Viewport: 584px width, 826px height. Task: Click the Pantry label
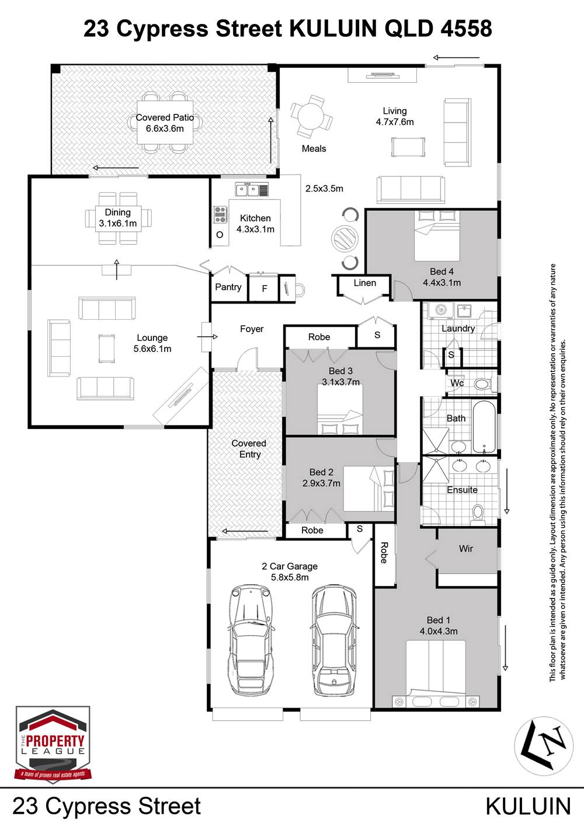tap(228, 287)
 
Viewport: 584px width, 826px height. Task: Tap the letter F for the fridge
tap(265, 289)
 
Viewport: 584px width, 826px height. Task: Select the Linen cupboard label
tap(365, 283)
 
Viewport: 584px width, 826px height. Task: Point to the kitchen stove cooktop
tap(220, 214)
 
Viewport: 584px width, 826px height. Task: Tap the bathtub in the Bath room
tap(484, 427)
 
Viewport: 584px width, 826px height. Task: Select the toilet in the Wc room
tap(483, 385)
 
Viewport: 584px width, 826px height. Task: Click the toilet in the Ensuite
tap(478, 514)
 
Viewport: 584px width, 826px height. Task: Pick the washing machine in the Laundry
tap(440, 310)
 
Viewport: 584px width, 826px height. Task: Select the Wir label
tap(465, 549)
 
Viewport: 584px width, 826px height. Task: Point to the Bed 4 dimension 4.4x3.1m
tap(442, 283)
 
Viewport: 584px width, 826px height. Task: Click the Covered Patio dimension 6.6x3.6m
tap(165, 128)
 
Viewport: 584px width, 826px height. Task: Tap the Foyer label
tap(252, 329)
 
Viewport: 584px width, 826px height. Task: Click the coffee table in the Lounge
tap(107, 348)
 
